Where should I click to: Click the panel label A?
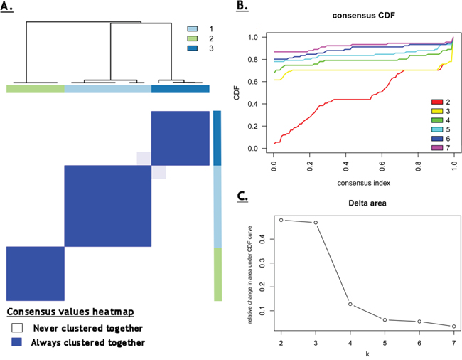coord(10,8)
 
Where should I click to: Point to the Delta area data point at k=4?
coord(350,304)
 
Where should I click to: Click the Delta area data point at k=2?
coord(281,220)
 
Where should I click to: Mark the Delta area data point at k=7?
coord(454,327)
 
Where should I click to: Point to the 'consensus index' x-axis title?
coord(363,181)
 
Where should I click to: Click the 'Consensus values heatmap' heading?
coord(70,312)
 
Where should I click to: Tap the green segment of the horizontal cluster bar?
coord(36,89)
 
